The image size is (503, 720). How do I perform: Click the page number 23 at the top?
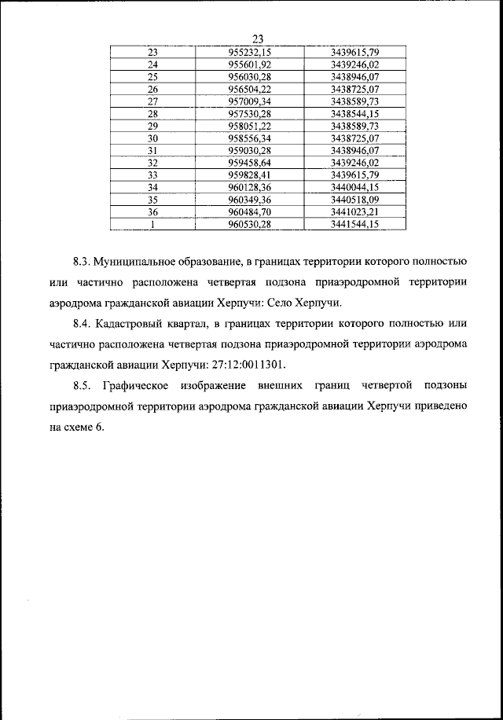[x=258, y=39]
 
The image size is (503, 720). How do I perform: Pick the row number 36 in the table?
[x=152, y=211]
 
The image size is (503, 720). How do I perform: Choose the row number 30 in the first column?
[x=152, y=138]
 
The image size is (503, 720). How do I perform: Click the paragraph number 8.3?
[x=83, y=259]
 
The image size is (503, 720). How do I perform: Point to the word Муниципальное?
[x=140, y=259]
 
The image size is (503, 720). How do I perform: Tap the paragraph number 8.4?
[x=83, y=323]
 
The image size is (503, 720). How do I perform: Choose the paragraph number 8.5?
[x=83, y=386]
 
